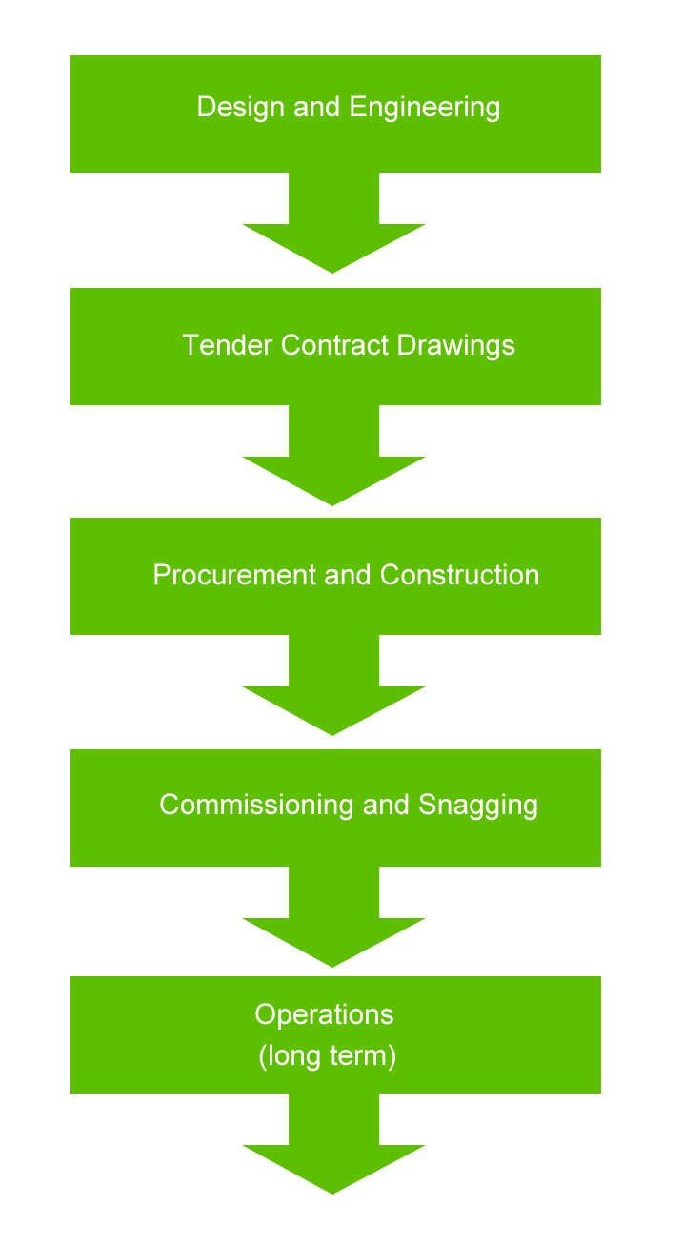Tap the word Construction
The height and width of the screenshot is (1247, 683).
(x=459, y=575)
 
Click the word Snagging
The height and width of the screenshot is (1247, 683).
(x=478, y=805)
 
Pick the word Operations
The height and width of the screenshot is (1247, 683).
(x=324, y=1014)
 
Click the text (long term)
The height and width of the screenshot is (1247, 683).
(x=327, y=1056)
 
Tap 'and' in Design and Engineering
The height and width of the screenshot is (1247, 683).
(x=316, y=107)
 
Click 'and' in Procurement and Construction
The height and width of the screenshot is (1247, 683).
(x=348, y=575)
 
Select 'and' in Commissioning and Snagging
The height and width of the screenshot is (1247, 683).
(x=386, y=805)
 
